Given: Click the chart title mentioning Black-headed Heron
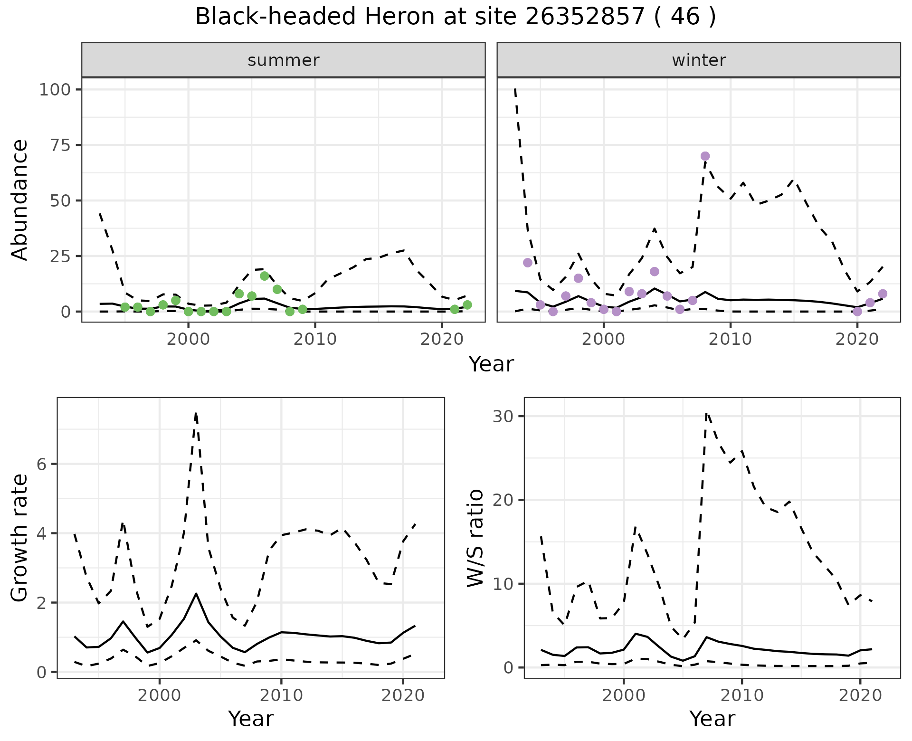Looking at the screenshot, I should point(455,17).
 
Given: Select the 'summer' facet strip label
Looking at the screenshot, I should point(284,60).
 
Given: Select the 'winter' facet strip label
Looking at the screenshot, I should point(699,60).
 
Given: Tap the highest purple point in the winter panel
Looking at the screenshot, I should point(705,156).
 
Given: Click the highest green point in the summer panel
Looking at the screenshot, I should point(265,276).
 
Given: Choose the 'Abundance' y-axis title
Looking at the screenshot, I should point(20,200).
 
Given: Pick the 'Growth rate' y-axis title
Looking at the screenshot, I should point(20,538).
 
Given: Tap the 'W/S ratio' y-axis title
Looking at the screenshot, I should point(475,538).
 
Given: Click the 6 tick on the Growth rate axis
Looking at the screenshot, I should point(42,464).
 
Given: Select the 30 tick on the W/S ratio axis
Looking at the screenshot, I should point(503,417).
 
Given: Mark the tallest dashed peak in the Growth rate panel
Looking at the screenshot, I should point(196,414).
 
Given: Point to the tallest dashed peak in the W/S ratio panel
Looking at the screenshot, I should point(706,414).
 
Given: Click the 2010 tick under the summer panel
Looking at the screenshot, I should point(315,339).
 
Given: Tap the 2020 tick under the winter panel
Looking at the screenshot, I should point(857,339).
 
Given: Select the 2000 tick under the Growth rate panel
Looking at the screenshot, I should point(160,695).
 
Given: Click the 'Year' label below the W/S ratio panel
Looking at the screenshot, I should point(712,719).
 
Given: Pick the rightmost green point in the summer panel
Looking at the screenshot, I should point(467,305).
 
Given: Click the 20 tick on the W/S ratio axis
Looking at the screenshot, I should point(503,500).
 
